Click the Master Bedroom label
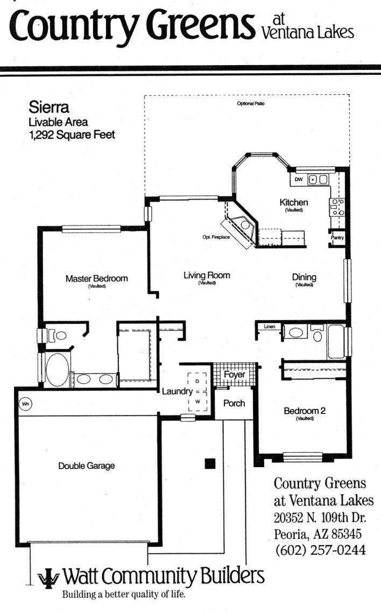96,278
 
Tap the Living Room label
207,275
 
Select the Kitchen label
294,202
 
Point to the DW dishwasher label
299,179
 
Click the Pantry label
337,237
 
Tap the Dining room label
304,277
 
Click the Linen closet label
270,327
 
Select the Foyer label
235,375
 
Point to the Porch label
234,403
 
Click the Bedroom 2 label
305,411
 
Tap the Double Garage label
86,466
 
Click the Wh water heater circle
25,404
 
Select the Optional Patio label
250,103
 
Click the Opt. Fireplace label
216,237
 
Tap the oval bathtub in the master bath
58,370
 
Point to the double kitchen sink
318,179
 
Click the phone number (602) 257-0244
321,549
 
